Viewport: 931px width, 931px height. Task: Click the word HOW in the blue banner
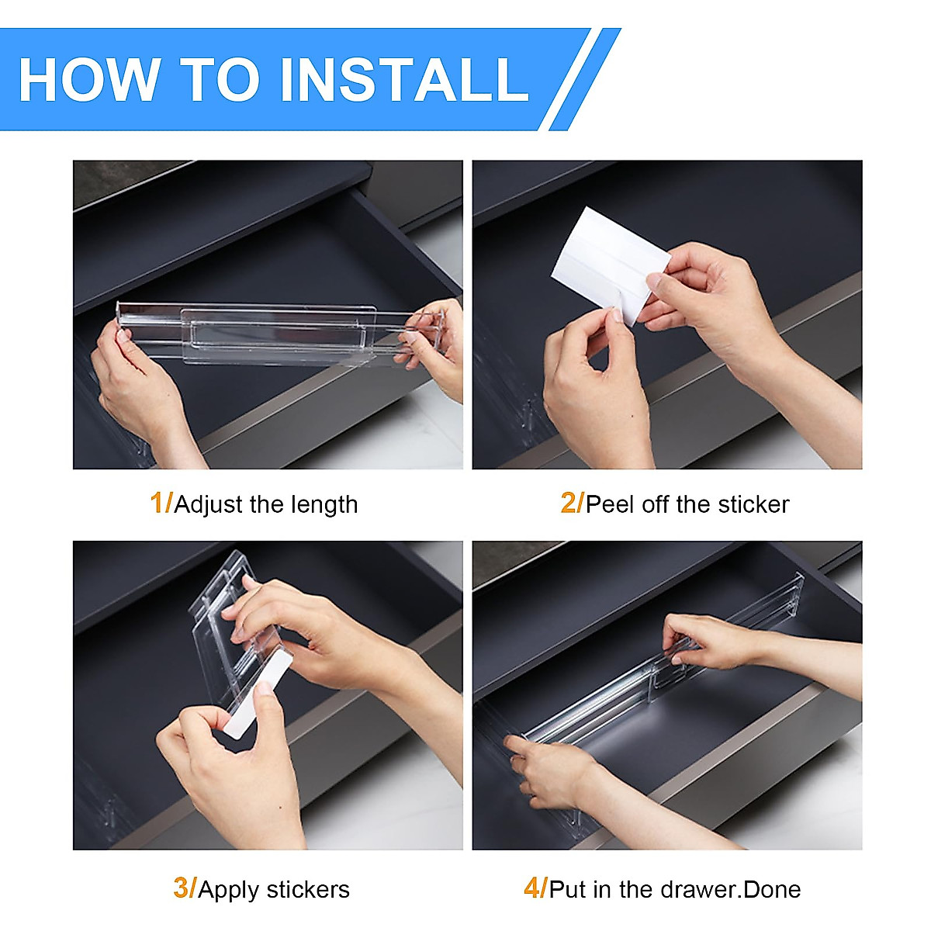(90, 79)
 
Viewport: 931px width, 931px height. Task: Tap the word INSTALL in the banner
(404, 79)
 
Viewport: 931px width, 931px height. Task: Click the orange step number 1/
(161, 503)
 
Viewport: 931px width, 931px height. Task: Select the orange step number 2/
(572, 503)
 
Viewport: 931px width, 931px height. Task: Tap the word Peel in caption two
(611, 504)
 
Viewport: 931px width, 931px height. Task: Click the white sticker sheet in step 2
(610, 263)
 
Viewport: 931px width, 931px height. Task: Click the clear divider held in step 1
(280, 333)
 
